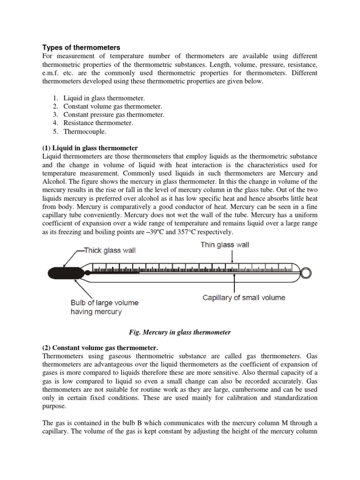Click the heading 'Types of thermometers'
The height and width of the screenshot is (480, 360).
click(x=81, y=47)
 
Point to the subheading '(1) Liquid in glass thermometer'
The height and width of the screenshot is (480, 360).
click(x=90, y=148)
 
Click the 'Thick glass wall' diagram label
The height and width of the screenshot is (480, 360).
click(x=109, y=250)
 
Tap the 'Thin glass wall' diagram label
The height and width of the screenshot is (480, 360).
click(x=225, y=245)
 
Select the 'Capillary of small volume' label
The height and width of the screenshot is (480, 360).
click(x=243, y=297)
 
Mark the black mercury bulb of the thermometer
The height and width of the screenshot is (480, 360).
click(x=63, y=271)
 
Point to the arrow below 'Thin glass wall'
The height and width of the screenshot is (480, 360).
click(x=232, y=257)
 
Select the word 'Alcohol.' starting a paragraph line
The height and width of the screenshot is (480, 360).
click(x=53, y=182)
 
